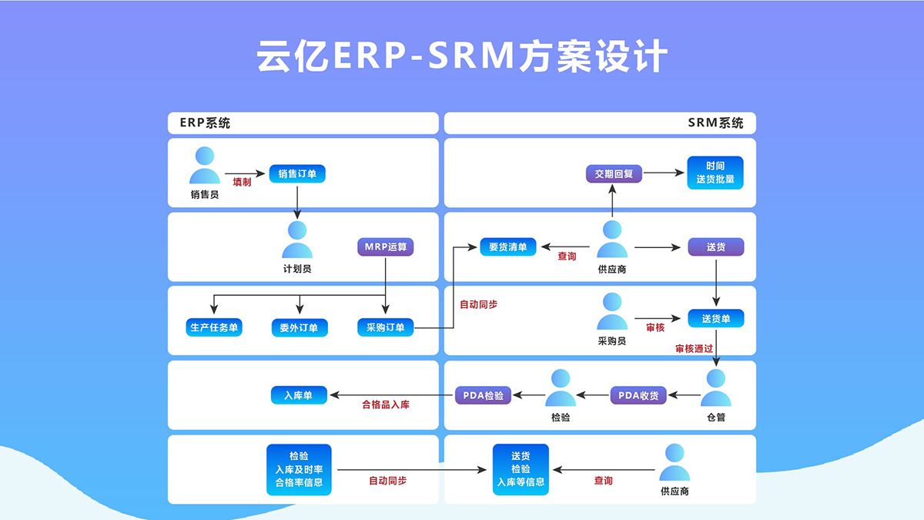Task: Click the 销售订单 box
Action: [297, 174]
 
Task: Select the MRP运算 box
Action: [385, 247]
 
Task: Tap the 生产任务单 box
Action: [214, 327]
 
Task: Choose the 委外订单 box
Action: [300, 327]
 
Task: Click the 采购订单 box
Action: [385, 327]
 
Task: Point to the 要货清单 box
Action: [507, 247]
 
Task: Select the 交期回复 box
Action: [614, 174]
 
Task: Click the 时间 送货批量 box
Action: [715, 173]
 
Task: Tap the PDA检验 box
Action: [483, 395]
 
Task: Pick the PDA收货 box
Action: [638, 395]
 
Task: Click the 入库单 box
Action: [299, 395]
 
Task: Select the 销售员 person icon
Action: [205, 165]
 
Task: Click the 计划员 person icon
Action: [297, 240]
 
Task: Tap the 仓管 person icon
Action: [715, 387]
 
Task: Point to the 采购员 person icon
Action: [612, 311]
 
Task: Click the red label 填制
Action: [242, 182]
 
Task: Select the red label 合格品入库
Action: [386, 405]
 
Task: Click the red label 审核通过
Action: [694, 349]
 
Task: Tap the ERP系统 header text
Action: [205, 122]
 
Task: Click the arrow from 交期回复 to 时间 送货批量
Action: [664, 173]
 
